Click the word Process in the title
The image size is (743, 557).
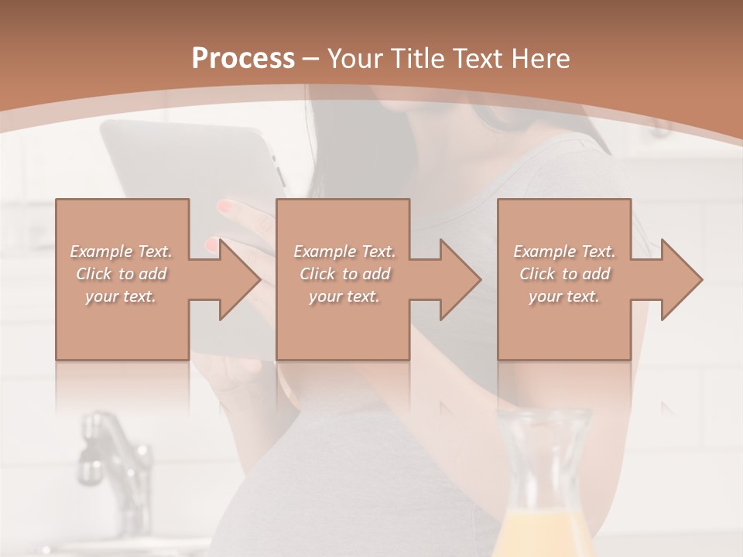243,59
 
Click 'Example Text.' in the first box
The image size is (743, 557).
122,251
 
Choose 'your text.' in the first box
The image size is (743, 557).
122,296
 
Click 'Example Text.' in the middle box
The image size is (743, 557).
344,251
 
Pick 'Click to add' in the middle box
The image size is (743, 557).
344,274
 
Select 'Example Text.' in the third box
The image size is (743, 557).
564,251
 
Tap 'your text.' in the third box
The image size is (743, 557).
564,296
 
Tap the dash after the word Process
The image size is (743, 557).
311,59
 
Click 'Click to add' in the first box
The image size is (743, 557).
122,274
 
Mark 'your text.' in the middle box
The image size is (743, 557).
344,296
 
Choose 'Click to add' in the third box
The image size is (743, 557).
564,274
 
